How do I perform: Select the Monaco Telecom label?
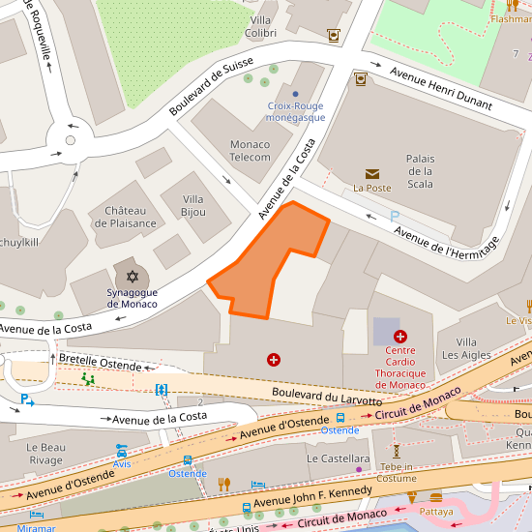coord(250,151)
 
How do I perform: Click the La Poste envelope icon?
coord(371,174)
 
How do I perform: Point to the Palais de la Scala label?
coord(420,171)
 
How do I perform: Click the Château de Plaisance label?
coord(125,218)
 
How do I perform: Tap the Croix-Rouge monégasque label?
coord(295,111)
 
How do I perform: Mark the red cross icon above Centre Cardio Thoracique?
coord(400,336)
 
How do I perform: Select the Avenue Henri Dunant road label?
coord(440,88)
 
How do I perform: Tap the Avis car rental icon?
coord(122,451)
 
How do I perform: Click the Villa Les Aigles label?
coord(466,348)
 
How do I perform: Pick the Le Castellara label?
coord(338,458)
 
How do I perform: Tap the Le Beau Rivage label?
coord(45,454)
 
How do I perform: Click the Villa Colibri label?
coord(261,26)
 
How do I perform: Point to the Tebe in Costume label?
coord(396,472)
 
